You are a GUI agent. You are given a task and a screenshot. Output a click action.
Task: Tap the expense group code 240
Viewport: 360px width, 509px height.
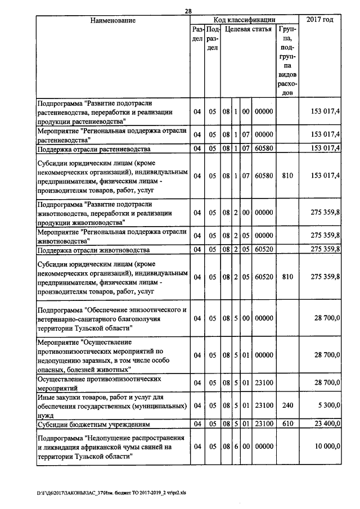point(288,406)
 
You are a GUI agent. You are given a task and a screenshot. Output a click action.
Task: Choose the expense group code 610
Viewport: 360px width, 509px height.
point(288,423)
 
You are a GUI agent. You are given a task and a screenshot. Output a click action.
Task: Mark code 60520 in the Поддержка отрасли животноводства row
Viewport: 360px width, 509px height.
point(263,250)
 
